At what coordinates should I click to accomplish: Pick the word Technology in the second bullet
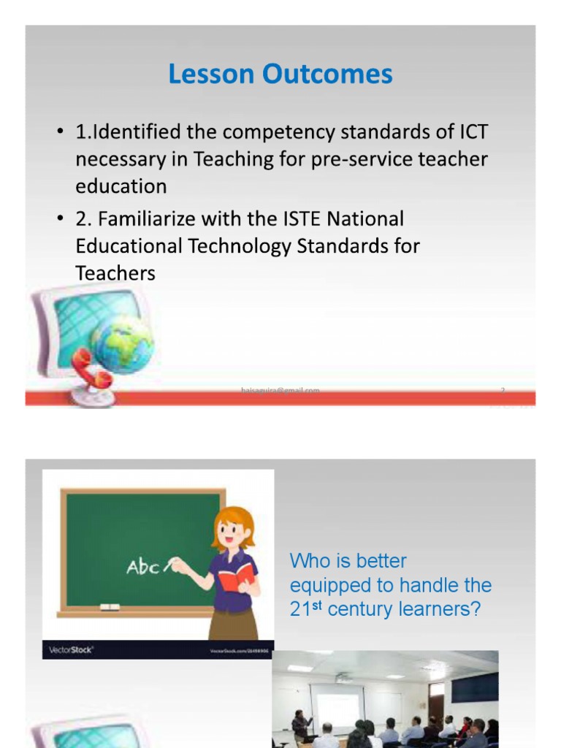click(x=240, y=245)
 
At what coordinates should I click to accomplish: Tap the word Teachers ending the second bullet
click(x=115, y=273)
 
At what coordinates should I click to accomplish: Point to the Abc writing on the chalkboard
click(x=143, y=567)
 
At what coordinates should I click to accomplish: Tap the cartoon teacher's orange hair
click(x=234, y=523)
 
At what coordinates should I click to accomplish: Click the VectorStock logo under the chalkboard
click(x=71, y=649)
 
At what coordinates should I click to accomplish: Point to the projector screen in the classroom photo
click(x=338, y=706)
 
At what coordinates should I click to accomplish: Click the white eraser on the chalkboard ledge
click(x=109, y=607)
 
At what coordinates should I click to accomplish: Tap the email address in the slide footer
click(x=280, y=391)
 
